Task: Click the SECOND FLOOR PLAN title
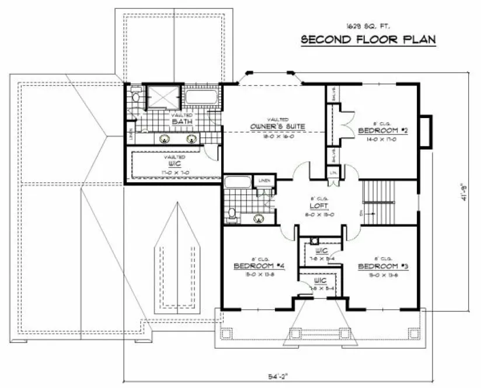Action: (368, 40)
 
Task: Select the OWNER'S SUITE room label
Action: (278, 126)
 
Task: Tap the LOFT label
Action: (318, 206)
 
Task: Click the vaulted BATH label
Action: (182, 121)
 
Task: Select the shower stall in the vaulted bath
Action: (163, 96)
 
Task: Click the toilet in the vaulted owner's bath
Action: (135, 97)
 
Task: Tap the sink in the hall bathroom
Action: (258, 219)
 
